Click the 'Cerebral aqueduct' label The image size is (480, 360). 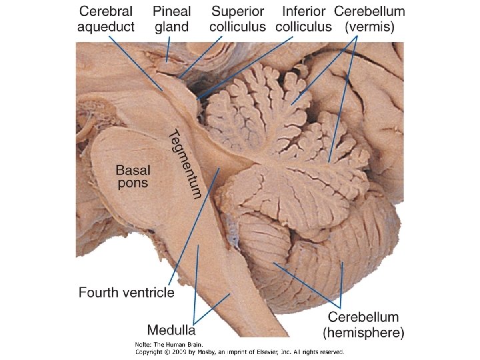tap(106, 19)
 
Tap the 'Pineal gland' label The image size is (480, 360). tap(171, 19)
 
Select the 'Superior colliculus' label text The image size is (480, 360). tap(237, 19)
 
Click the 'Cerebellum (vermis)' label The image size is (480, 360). tap(369, 19)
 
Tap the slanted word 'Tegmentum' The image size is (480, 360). tap(184, 163)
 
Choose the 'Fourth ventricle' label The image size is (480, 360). tap(127, 292)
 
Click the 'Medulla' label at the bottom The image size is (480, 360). tap(171, 329)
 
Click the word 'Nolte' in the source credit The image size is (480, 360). tap(142, 343)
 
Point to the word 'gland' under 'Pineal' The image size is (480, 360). tap(171, 27)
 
